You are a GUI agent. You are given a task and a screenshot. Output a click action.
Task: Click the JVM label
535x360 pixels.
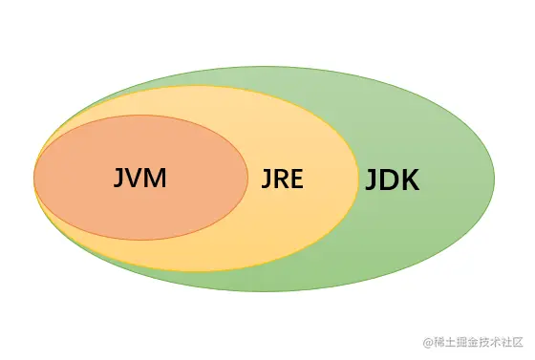(139, 178)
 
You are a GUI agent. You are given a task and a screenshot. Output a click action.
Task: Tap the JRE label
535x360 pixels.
(282, 179)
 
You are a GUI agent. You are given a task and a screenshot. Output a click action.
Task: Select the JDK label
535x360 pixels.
(392, 180)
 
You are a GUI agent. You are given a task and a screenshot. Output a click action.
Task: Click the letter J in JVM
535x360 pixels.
(118, 178)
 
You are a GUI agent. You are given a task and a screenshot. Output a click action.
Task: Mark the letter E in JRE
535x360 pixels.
(297, 179)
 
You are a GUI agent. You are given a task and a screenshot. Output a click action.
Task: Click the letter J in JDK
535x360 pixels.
(371, 180)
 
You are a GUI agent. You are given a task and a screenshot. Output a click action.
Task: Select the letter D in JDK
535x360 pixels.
(389, 180)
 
